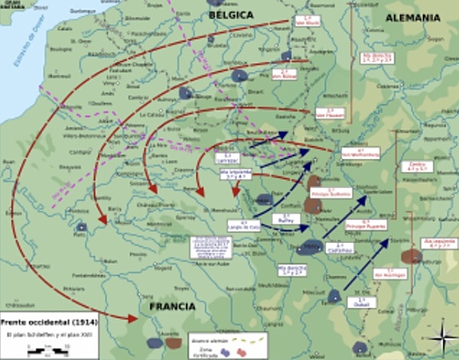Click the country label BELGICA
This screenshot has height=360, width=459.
pyautogui.click(x=231, y=14)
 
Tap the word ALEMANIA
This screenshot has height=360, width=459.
pyautogui.click(x=413, y=17)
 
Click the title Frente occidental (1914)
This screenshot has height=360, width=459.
pyautogui.click(x=47, y=321)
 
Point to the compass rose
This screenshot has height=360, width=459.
pyautogui.click(x=442, y=334)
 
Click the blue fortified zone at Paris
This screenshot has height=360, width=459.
pyautogui.click(x=81, y=226)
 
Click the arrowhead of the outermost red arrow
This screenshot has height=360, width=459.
pyautogui.click(x=133, y=319)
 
